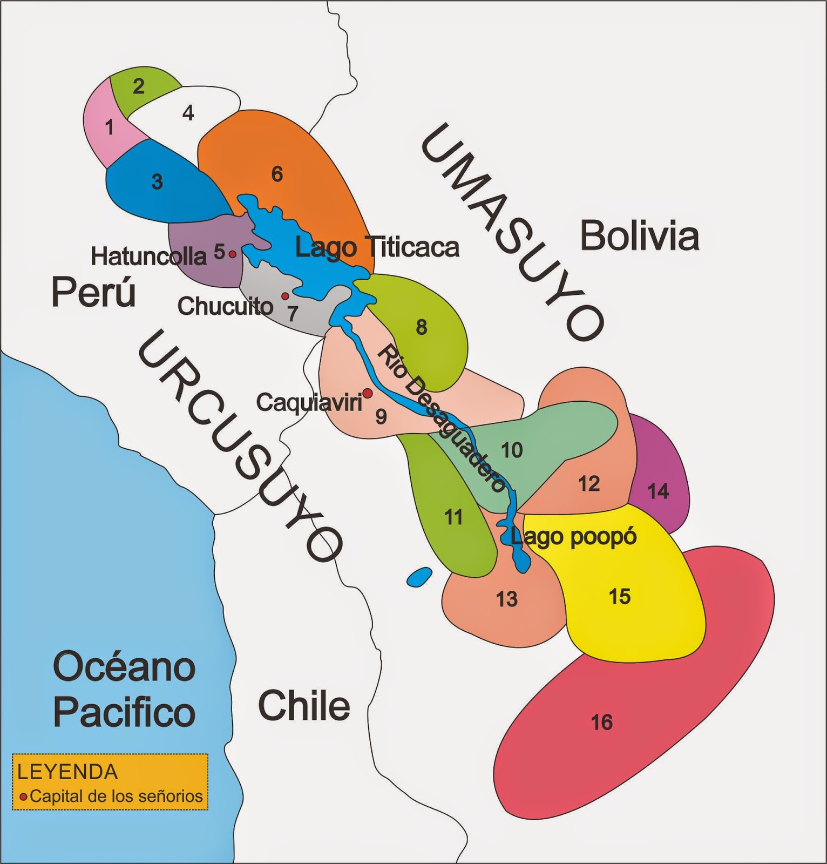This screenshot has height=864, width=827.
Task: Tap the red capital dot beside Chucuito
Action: tap(285, 296)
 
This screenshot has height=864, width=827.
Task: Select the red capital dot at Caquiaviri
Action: tap(367, 393)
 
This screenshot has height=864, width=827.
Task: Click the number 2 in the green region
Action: tap(139, 86)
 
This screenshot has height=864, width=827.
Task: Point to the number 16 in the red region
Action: tap(601, 722)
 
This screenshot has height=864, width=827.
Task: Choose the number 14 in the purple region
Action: tap(658, 491)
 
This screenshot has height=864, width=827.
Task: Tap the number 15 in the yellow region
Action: tap(619, 597)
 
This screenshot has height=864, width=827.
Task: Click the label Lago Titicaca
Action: tap(377, 248)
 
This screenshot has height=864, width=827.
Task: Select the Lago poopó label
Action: tap(573, 537)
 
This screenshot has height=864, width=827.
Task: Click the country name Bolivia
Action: tap(639, 236)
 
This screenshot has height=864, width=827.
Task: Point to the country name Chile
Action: tap(304, 705)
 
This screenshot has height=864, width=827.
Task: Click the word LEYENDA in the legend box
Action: tap(67, 772)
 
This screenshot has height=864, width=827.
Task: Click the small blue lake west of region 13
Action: tap(418, 577)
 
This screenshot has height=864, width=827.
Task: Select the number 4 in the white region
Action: tap(188, 113)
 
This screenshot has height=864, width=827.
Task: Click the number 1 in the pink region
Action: tap(110, 128)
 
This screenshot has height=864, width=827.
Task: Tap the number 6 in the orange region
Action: tap(277, 174)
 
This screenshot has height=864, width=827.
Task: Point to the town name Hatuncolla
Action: tap(148, 256)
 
